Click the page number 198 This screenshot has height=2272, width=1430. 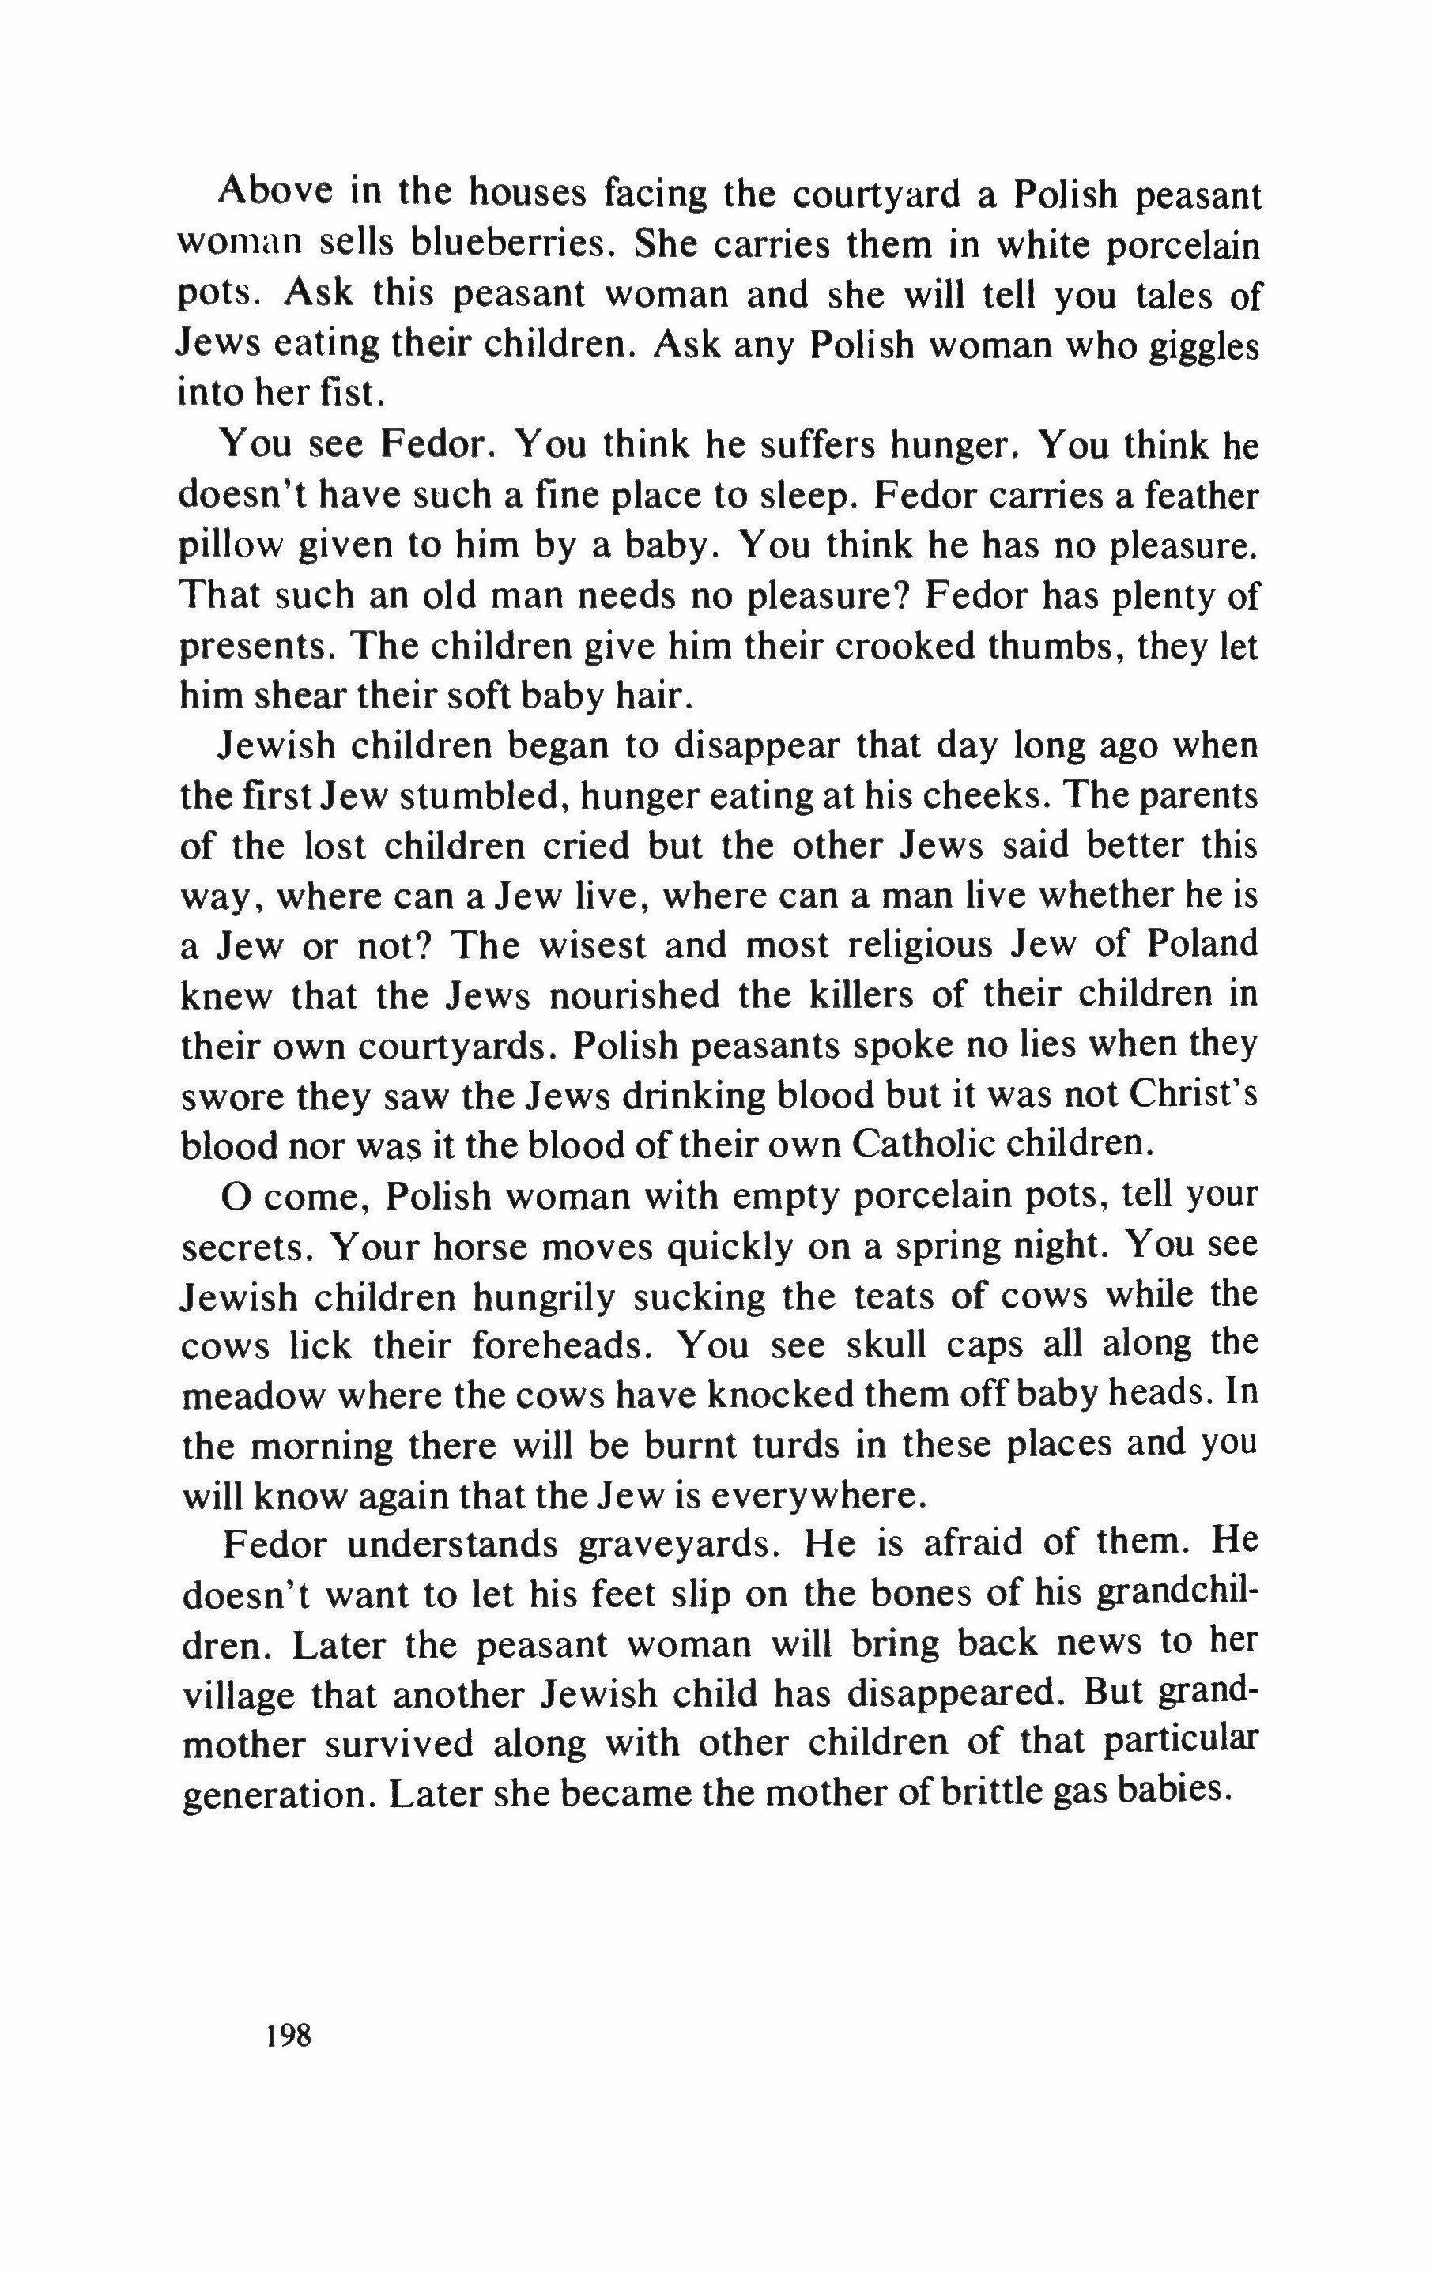coord(288,2035)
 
